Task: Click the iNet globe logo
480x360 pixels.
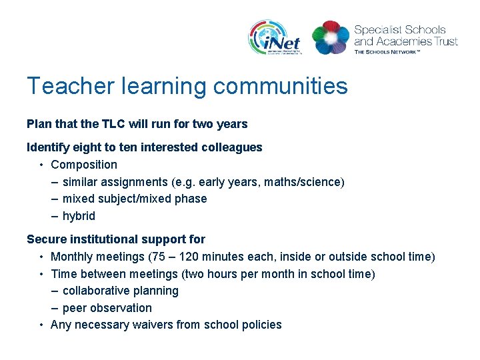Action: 275,37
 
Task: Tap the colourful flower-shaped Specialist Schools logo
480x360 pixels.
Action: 331,37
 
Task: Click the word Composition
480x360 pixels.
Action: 84,165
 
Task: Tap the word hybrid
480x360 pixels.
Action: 79,216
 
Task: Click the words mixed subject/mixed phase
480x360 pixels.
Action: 135,199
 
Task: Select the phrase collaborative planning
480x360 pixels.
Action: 121,291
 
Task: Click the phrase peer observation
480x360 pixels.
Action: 107,308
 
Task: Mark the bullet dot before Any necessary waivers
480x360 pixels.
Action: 41,325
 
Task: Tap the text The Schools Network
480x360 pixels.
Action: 387,51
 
